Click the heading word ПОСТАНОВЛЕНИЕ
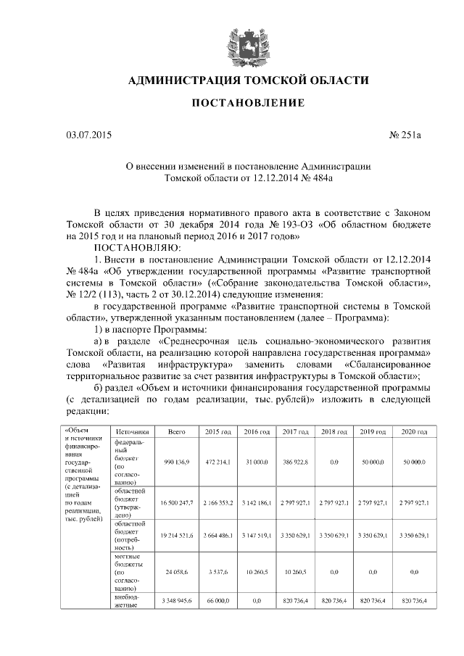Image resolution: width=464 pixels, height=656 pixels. (x=247, y=104)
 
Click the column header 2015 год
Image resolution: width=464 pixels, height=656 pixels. (x=217, y=431)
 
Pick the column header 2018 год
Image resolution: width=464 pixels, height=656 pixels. (x=334, y=431)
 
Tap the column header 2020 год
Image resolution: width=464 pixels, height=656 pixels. (x=413, y=431)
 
